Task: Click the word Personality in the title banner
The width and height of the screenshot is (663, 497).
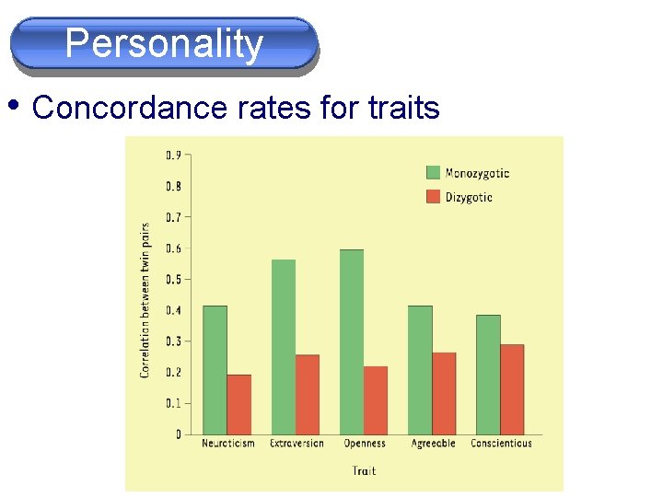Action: click(x=164, y=43)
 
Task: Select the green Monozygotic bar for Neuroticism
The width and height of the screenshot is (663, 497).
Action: click(x=215, y=369)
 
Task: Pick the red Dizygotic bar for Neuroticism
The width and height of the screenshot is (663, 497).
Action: click(x=238, y=404)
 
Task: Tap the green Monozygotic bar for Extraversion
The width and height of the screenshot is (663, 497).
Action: click(x=283, y=346)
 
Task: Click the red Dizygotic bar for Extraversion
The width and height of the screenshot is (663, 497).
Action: click(x=307, y=394)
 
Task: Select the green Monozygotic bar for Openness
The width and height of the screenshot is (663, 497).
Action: click(x=351, y=341)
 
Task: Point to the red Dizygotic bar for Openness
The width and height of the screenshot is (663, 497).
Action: click(x=375, y=399)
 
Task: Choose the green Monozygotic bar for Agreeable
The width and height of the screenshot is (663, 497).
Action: click(x=419, y=369)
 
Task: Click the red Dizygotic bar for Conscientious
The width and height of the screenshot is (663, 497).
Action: click(x=511, y=388)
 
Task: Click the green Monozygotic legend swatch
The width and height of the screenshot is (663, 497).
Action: click(x=433, y=172)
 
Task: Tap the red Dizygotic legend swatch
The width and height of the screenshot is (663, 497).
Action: click(x=433, y=197)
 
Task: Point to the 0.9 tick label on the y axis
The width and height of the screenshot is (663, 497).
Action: click(x=172, y=155)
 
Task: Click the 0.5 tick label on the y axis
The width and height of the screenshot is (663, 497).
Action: click(x=172, y=279)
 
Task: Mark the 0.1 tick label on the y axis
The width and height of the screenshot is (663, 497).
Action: click(x=172, y=403)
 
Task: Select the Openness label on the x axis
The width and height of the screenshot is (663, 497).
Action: click(x=364, y=444)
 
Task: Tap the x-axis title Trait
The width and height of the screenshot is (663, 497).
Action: click(x=364, y=471)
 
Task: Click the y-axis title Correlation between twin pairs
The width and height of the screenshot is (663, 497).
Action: click(x=145, y=300)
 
